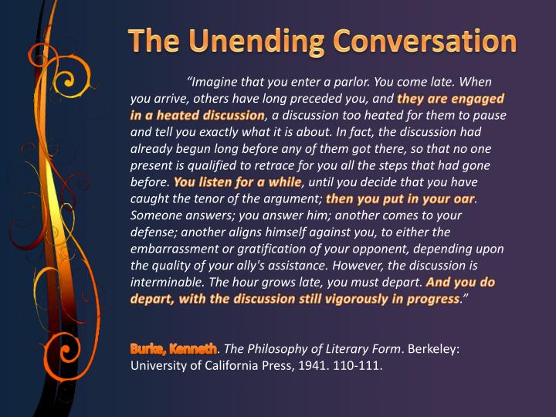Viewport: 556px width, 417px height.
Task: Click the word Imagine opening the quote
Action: [217, 82]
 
